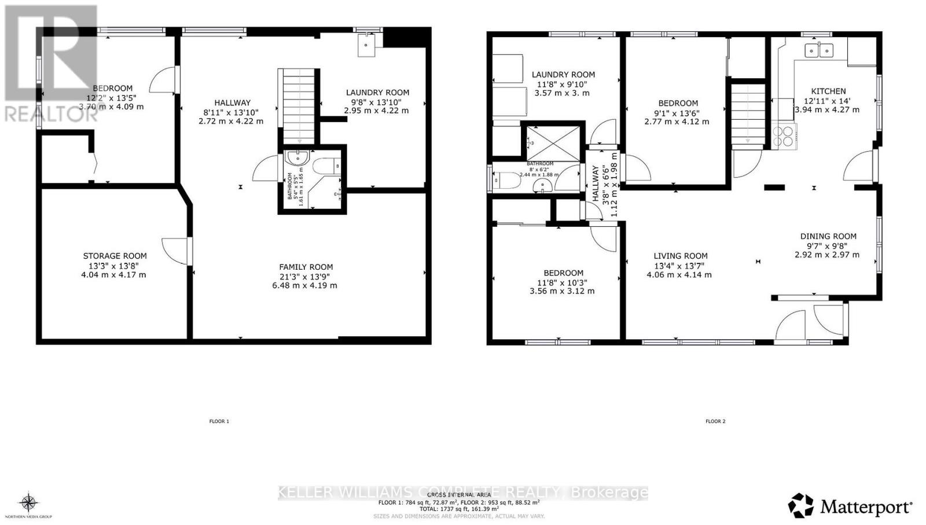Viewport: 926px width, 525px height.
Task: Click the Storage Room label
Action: click(115, 256)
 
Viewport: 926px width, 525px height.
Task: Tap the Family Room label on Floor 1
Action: click(306, 267)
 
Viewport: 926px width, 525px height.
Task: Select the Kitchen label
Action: click(828, 91)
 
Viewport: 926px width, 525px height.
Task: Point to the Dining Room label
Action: click(828, 236)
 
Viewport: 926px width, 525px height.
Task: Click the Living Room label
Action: click(681, 256)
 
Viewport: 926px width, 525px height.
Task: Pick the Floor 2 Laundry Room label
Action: click(563, 75)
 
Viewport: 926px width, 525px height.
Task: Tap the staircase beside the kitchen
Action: click(748, 116)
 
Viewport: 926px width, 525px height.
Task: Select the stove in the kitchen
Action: click(784, 137)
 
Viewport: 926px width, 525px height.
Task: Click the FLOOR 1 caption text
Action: click(219, 421)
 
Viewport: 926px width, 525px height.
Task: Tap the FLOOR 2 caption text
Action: click(715, 421)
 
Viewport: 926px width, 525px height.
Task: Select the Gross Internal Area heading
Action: click(459, 495)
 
